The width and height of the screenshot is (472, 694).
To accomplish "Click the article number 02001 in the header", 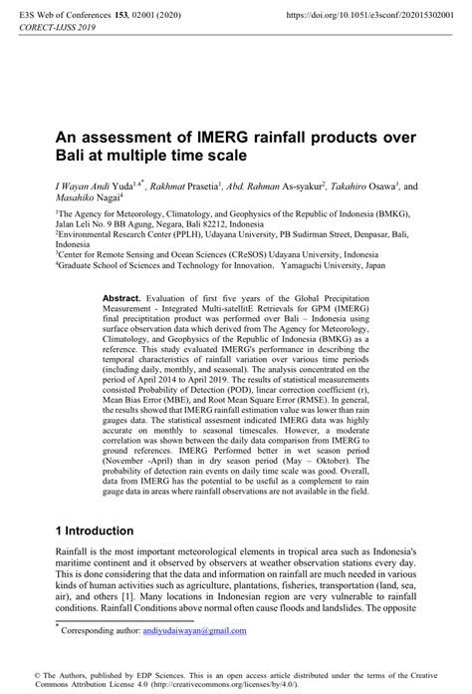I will (171, 16).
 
